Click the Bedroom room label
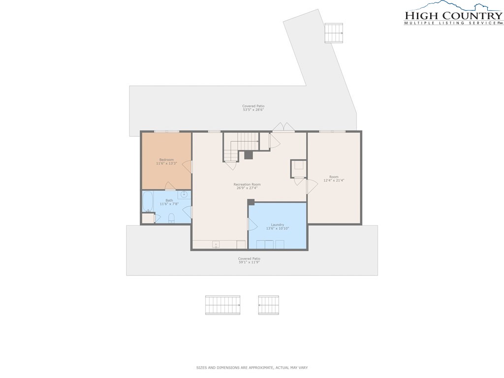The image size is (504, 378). pos(166,160)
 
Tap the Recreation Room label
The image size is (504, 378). pos(247,185)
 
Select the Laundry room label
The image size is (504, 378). pos(278,224)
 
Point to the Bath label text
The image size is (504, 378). pos(169,200)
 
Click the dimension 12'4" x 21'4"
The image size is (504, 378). pos(334,181)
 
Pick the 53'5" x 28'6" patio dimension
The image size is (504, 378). pos(253,110)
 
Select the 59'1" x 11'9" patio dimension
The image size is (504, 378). pos(249,262)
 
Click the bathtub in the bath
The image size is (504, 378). pos(148,201)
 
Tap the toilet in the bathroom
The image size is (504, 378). pos(171,218)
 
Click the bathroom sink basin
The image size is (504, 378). pos(184,194)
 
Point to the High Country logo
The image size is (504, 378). pos(453,13)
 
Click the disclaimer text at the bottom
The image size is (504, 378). pos(252,368)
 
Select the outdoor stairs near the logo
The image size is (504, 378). pos(334,33)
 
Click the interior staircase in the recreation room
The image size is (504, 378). pos(241,147)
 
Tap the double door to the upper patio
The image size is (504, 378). pos(283,127)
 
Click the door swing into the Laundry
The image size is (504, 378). pos(252,224)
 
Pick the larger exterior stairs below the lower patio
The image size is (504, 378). pos(223,305)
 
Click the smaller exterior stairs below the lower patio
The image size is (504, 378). pos(269,305)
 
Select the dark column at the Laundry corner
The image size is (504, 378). pos(251,202)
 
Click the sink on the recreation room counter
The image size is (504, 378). pos(216,245)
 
